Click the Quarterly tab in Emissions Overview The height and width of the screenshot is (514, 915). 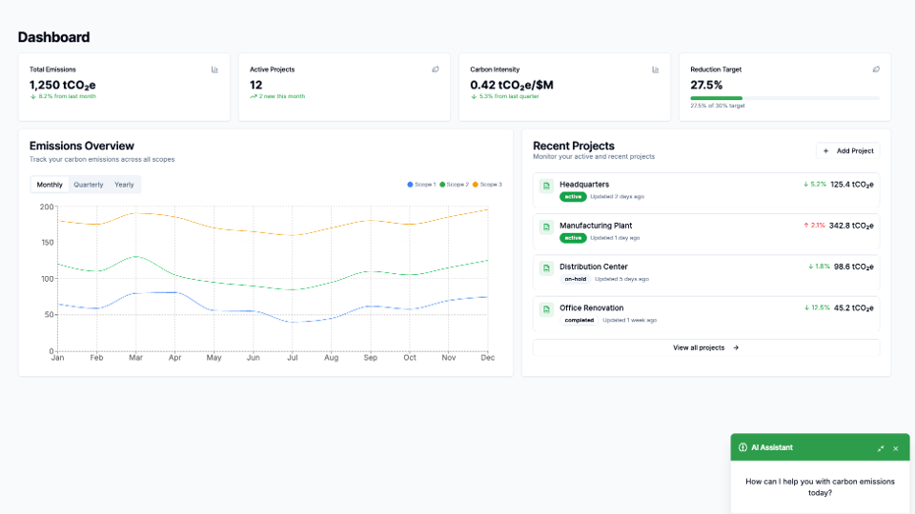click(89, 185)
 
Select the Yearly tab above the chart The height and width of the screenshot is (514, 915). click(124, 185)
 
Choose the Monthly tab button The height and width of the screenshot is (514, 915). click(50, 185)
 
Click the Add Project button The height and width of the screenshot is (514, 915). click(847, 150)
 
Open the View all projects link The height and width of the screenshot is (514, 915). click(705, 347)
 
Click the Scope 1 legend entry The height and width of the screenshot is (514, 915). click(421, 185)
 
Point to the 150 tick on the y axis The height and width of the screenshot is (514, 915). click(47, 243)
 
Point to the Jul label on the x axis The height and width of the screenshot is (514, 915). click(292, 358)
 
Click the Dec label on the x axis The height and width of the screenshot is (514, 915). click(487, 358)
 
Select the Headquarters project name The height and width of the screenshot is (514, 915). click(584, 184)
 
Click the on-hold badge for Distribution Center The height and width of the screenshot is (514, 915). click(575, 279)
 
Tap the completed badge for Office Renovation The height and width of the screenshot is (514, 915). click(579, 320)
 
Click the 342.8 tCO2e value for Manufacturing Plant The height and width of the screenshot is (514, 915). click(851, 226)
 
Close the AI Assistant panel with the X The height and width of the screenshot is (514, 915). click(895, 447)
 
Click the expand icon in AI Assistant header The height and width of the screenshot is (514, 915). click(880, 447)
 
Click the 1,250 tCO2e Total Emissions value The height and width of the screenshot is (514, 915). click(63, 85)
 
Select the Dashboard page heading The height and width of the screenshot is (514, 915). click(53, 37)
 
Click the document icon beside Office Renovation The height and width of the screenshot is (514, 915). click(546, 309)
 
